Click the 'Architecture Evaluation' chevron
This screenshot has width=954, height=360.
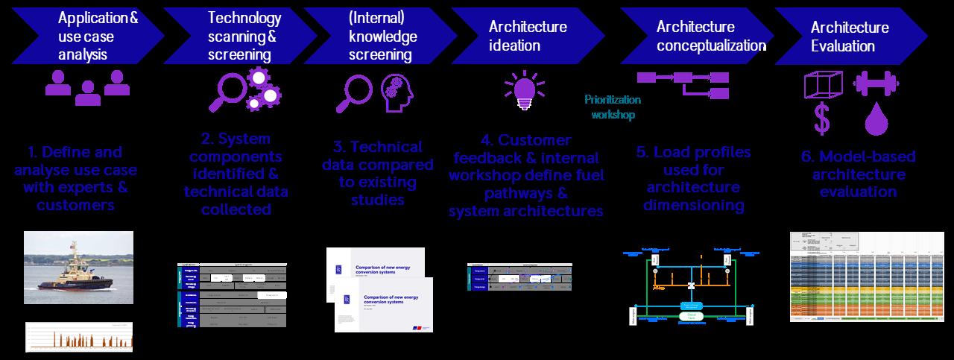[850, 36]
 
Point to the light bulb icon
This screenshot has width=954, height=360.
[525, 89]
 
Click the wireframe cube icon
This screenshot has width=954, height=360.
[822, 84]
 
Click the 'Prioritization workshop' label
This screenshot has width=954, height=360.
[613, 107]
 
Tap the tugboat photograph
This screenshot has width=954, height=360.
[78, 267]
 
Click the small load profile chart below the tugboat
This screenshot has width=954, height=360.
[78, 336]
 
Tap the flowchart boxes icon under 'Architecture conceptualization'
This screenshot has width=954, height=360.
[681, 83]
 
